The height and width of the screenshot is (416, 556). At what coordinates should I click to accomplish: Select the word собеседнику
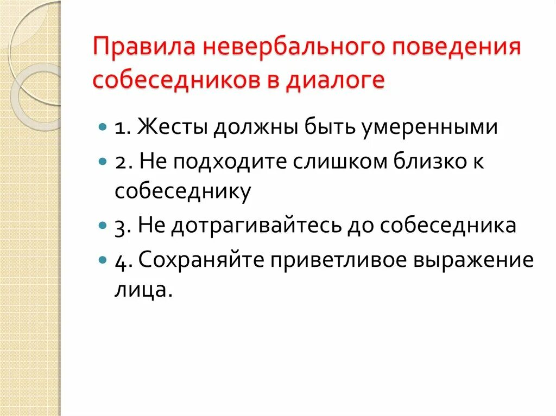(x=182, y=192)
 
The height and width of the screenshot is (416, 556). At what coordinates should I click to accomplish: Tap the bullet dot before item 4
(x=103, y=259)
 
